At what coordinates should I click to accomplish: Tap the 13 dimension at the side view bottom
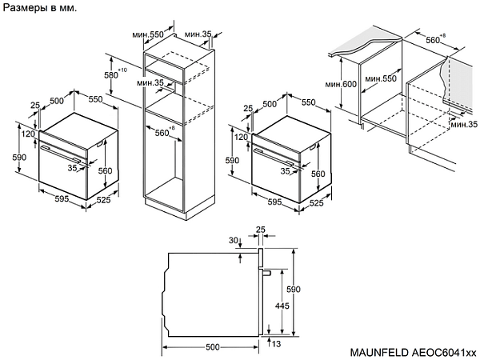pyautogui.click(x=275, y=344)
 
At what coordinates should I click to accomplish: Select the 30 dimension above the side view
pyautogui.click(x=233, y=240)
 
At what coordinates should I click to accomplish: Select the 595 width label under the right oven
pyautogui.click(x=274, y=204)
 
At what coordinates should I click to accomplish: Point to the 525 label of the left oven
pyautogui.click(x=103, y=200)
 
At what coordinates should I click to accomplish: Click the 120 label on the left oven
pyautogui.click(x=28, y=134)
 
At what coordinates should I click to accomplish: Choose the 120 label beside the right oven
pyautogui.click(x=241, y=137)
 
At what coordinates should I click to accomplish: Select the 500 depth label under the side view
pyautogui.click(x=212, y=346)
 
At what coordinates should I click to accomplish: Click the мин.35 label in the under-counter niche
pyautogui.click(x=463, y=125)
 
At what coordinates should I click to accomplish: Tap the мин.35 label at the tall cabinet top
pyautogui.click(x=198, y=34)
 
